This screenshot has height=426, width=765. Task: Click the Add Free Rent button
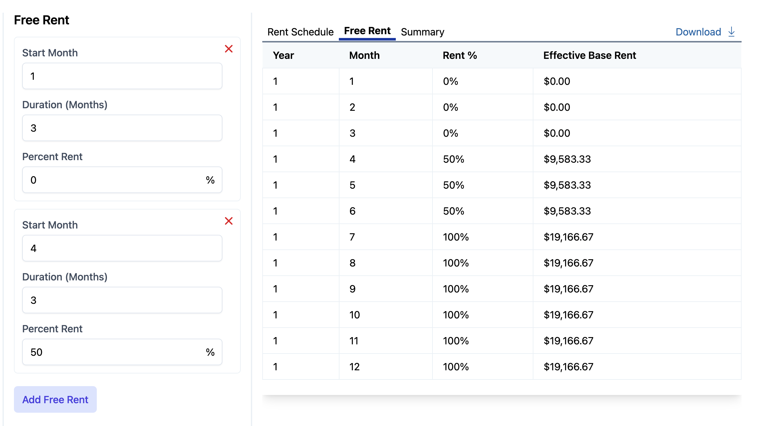tap(55, 399)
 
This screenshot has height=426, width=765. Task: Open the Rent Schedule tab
tap(300, 32)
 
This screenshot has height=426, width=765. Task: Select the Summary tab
tap(422, 32)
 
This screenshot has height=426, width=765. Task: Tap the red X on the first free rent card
tap(228, 49)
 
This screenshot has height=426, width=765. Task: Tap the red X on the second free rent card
tap(228, 221)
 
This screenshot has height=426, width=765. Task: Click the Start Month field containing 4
tap(122, 248)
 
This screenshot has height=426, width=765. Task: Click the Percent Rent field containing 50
tap(114, 352)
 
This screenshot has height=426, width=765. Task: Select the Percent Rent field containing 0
tap(114, 180)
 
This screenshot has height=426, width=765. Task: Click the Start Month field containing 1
tap(122, 76)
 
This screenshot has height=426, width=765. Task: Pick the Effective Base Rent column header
tap(589, 55)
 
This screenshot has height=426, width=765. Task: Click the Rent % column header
tap(459, 55)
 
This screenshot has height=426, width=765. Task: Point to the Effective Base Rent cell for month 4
tap(567, 159)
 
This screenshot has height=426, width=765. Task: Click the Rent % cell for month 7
tap(456, 237)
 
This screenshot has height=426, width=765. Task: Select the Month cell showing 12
tap(354, 367)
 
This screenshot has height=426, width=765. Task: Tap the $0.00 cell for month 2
tap(557, 107)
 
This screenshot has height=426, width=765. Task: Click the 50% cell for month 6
tap(453, 211)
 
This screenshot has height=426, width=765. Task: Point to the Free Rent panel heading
tap(41, 20)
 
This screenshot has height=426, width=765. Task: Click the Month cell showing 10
tap(354, 315)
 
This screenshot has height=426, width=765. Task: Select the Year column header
tap(283, 55)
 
